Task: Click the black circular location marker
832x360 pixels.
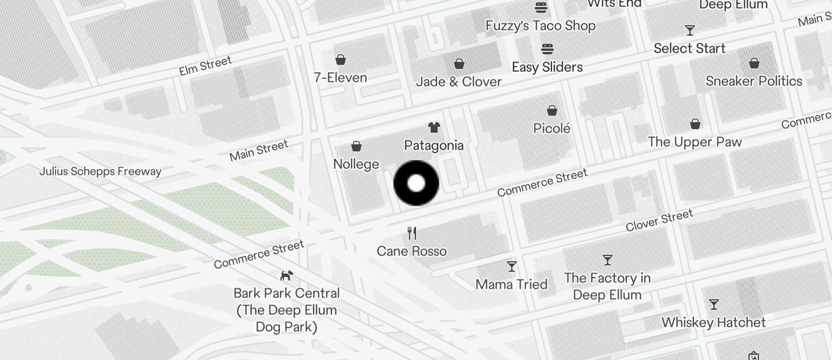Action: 416,183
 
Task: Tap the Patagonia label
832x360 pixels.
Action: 434,146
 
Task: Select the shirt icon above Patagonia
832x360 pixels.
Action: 434,127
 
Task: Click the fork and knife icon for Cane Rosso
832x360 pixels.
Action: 412,233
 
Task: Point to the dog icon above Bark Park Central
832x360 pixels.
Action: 286,275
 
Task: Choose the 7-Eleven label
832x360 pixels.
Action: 340,78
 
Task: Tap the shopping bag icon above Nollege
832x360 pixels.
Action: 356,146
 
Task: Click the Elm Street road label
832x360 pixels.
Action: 205,65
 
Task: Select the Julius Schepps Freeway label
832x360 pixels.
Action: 100,171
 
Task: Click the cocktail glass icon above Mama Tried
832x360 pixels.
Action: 512,266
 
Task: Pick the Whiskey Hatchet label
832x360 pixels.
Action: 713,323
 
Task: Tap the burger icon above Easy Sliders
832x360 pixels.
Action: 547,49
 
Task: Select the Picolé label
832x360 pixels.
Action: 552,128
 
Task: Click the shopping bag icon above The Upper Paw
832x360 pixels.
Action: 695,124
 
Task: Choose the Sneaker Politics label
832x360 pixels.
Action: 754,81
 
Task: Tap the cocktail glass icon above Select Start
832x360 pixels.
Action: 689,30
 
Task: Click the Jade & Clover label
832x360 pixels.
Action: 459,82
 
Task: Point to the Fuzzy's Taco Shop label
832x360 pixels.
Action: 540,26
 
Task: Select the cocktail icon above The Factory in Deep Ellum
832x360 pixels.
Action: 608,259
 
